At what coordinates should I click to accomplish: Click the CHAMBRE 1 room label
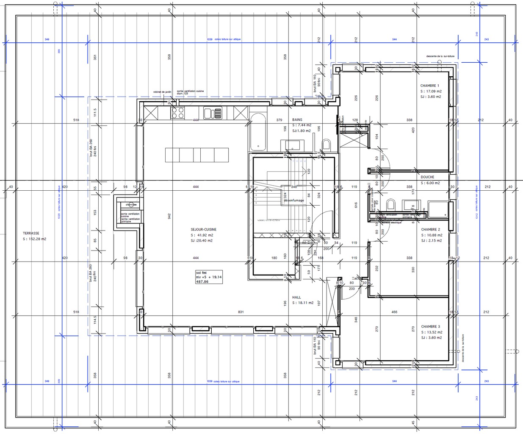(429, 86)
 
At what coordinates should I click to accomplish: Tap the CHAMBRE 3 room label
(430, 326)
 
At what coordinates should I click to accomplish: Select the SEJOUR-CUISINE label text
(203, 229)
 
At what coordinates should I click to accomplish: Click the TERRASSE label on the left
(31, 233)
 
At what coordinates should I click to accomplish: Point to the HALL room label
(296, 297)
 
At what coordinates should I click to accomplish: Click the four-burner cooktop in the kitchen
(178, 113)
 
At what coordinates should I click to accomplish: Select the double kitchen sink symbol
(213, 113)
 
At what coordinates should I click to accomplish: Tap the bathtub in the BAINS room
(257, 132)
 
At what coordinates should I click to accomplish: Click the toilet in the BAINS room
(326, 145)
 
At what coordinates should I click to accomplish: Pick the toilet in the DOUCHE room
(391, 205)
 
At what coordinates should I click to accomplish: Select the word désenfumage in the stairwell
(294, 200)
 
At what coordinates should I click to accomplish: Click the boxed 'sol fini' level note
(208, 277)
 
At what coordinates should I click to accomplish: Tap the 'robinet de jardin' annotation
(162, 92)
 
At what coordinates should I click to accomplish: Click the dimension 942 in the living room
(169, 216)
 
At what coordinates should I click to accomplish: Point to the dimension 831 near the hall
(241, 312)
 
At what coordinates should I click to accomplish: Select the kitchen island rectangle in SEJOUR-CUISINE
(196, 155)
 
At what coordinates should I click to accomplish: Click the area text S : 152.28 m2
(35, 239)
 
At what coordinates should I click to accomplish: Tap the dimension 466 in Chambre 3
(394, 312)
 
